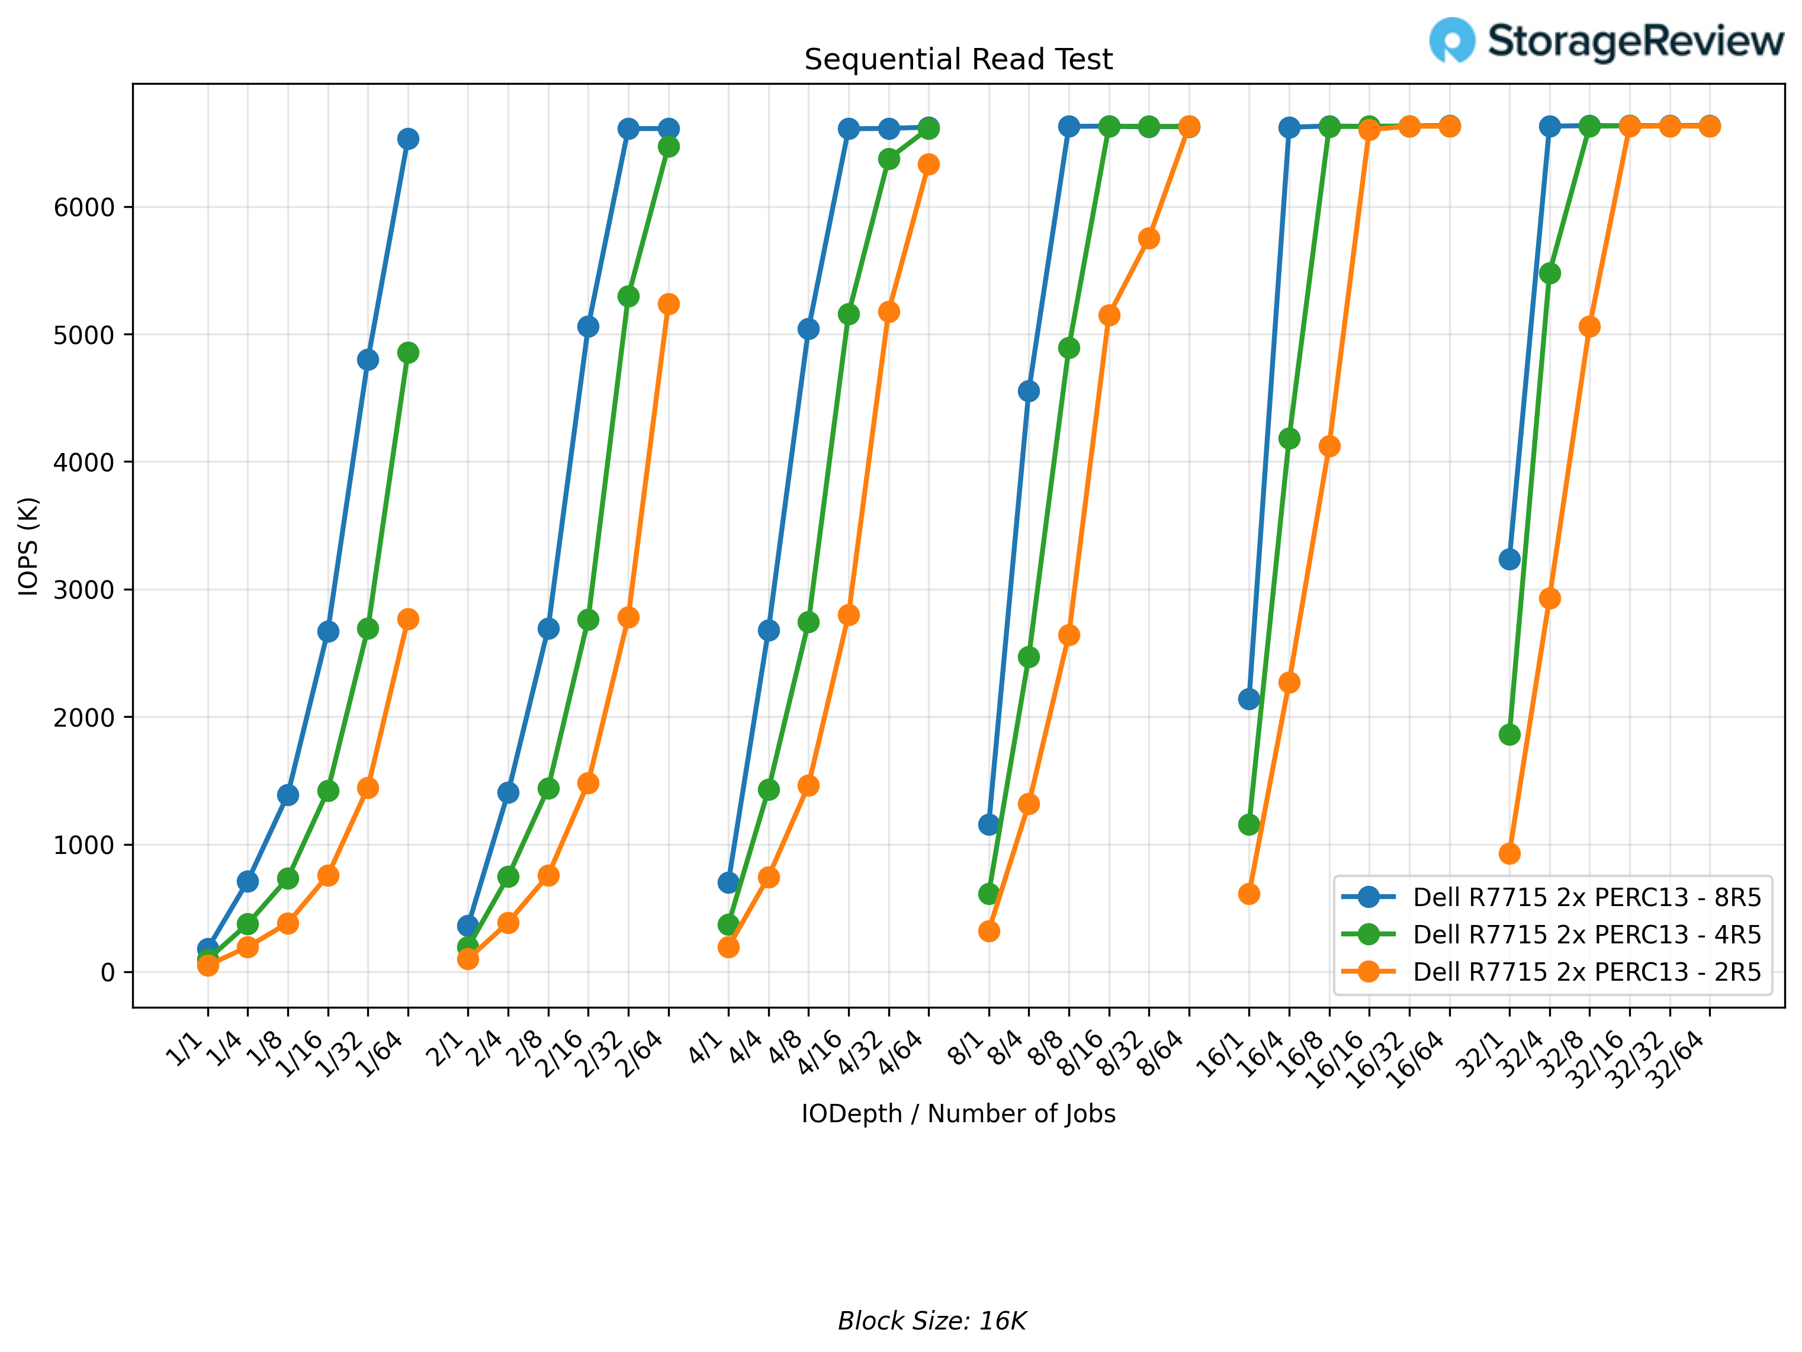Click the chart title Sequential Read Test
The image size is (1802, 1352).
958,59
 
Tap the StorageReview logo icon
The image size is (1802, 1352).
1451,40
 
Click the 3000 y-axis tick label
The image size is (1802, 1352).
84,590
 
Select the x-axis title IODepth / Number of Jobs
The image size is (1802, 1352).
958,1113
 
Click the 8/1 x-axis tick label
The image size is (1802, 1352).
968,1048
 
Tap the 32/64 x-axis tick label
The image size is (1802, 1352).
1678,1059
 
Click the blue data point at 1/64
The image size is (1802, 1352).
408,139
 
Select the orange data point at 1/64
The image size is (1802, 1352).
408,619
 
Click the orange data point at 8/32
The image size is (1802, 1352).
1149,239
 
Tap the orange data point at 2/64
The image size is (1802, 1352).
669,304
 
